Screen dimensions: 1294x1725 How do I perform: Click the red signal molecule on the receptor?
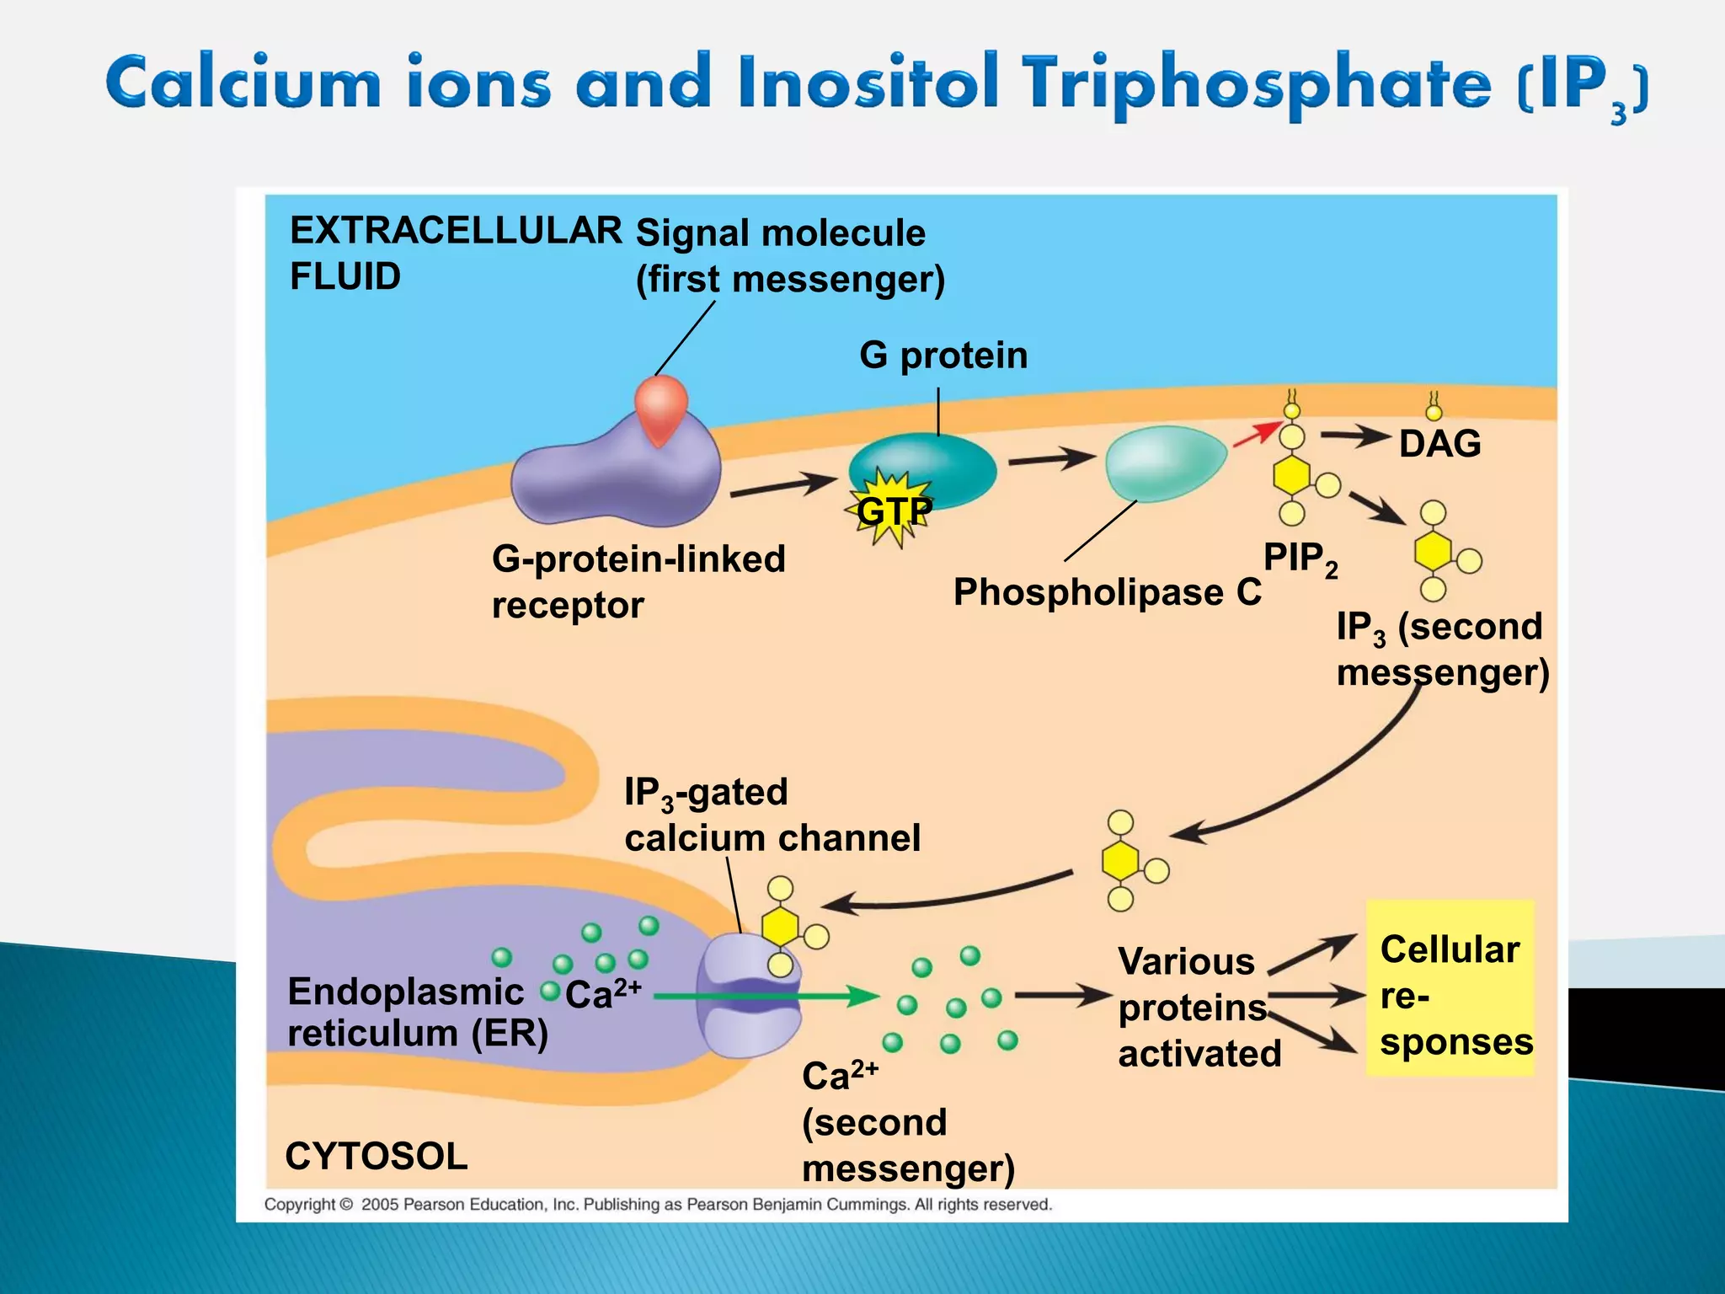661,409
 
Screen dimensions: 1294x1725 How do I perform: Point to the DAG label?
1439,444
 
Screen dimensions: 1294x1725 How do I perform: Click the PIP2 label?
1300,559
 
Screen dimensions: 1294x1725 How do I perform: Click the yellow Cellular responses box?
1450,987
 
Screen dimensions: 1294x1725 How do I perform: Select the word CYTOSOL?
377,1156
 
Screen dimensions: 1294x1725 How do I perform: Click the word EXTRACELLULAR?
456,231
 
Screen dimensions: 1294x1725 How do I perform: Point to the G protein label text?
943,356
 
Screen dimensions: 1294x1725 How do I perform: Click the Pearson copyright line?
658,1205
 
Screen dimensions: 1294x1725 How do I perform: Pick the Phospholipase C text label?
1107,592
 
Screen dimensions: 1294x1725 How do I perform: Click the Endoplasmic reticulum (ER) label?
417,1012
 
